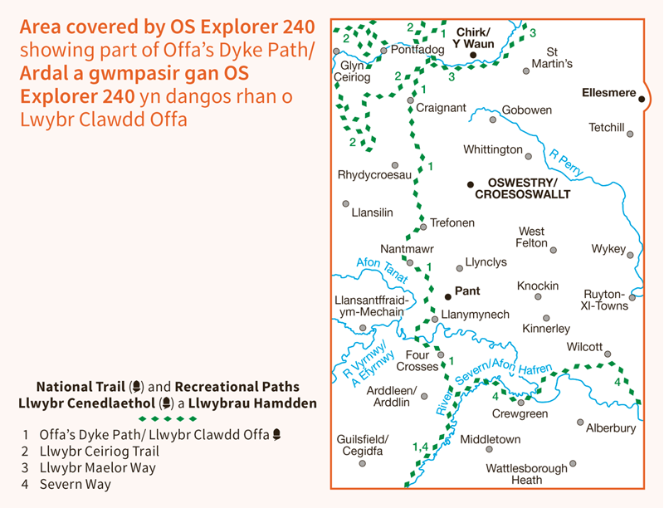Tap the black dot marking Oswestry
(470, 183)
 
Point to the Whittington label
(493, 149)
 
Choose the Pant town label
(467, 291)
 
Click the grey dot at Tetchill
(630, 134)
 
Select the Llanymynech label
(475, 315)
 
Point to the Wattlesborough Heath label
(526, 473)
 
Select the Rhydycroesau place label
(374, 176)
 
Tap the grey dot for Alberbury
(580, 422)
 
